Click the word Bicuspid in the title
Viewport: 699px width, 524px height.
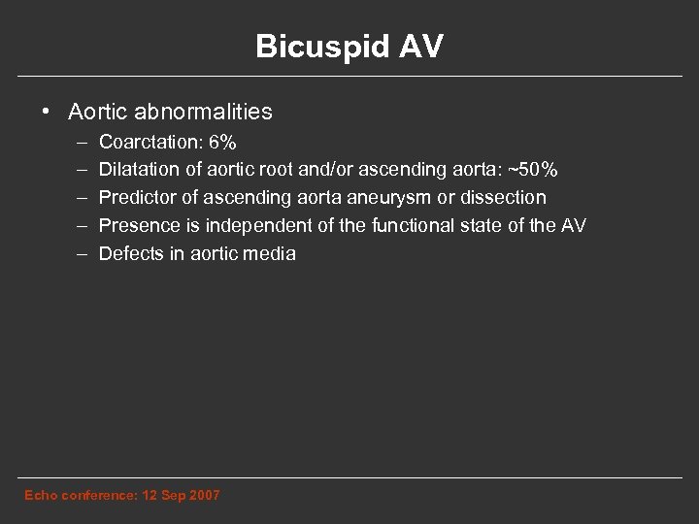(x=309, y=48)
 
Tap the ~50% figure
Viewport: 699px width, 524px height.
(x=537, y=170)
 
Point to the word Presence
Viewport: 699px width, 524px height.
(x=139, y=226)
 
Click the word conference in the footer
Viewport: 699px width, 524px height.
(x=95, y=496)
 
